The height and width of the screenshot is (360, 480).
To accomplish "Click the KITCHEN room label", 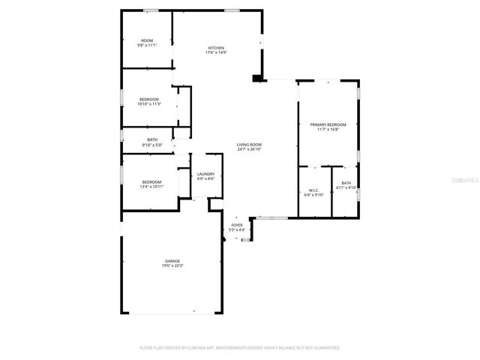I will [216, 48].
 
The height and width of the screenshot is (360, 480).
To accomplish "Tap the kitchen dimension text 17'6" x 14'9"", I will [216, 52].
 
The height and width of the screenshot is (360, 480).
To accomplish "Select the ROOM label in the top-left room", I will [147, 40].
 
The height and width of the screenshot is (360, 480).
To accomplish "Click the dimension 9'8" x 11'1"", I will [147, 45].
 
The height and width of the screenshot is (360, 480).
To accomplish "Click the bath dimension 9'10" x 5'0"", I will [152, 145].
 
